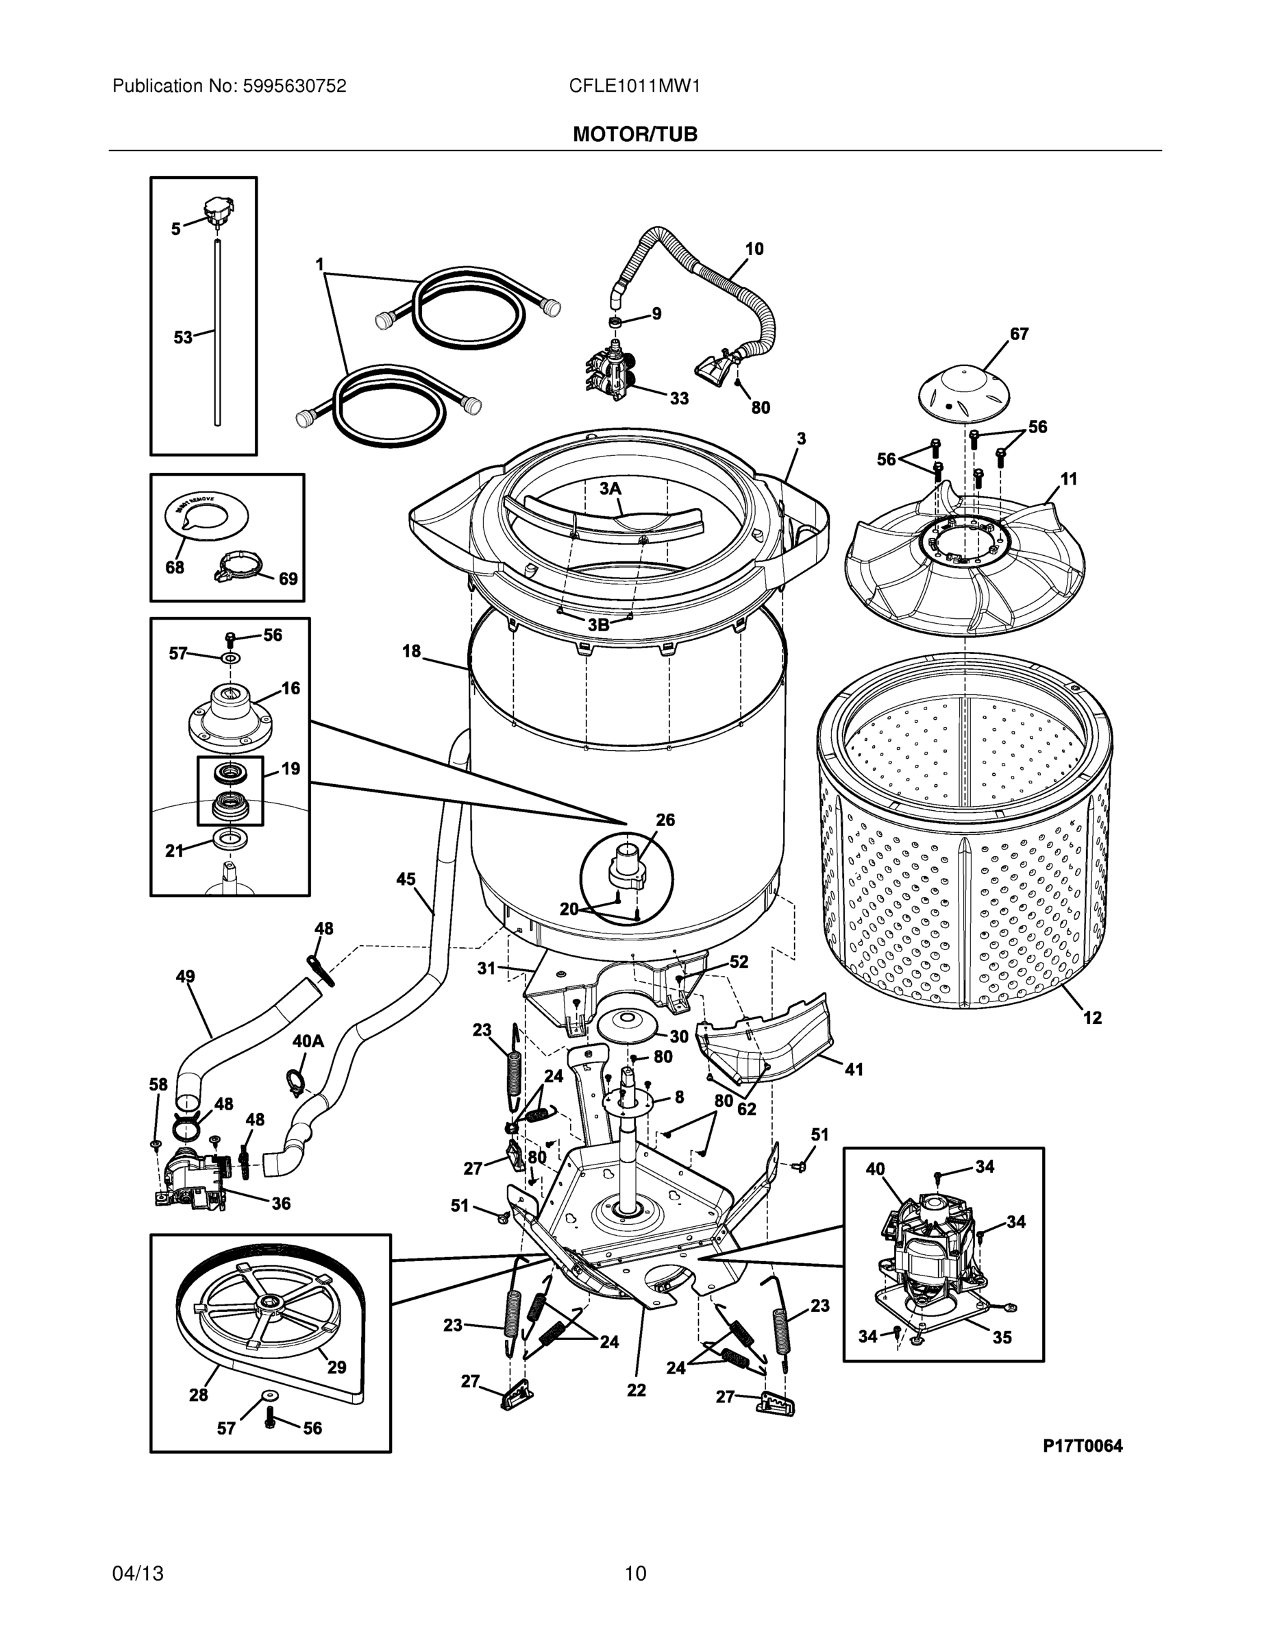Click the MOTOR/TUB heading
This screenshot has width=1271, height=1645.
(x=634, y=135)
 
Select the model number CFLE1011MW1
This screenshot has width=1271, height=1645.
(x=634, y=86)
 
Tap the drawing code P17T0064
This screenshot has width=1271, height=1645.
(x=1082, y=1446)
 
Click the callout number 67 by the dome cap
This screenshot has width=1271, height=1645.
(x=1019, y=334)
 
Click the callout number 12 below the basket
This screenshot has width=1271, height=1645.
(x=1091, y=1018)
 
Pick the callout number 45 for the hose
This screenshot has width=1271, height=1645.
(x=406, y=879)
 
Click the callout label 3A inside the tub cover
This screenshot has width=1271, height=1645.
(x=610, y=489)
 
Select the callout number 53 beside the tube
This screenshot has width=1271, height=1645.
(x=183, y=337)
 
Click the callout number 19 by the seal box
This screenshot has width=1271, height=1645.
(x=291, y=768)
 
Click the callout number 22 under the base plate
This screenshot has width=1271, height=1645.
(x=637, y=1391)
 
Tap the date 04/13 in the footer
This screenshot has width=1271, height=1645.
(x=138, y=1574)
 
